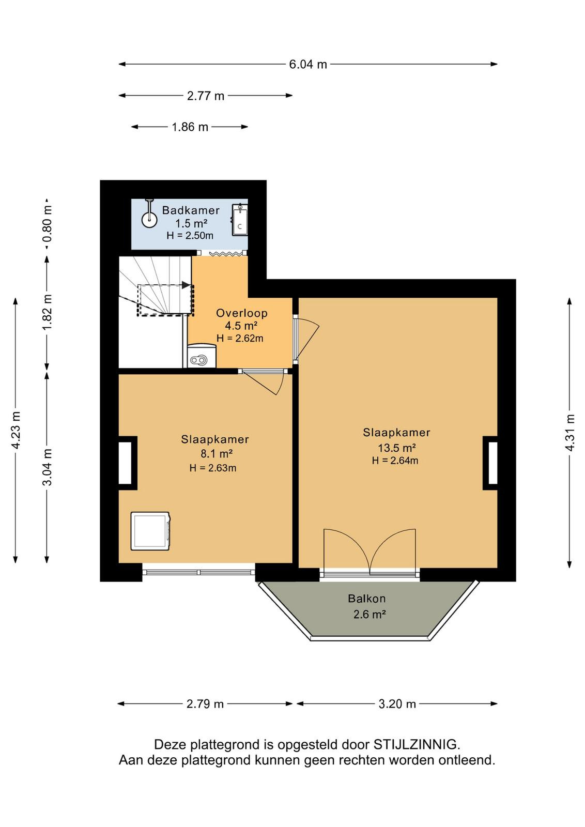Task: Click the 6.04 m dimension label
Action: coord(308,64)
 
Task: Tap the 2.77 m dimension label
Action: coord(206,96)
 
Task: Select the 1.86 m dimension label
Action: coord(190,127)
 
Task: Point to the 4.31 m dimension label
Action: coord(570,432)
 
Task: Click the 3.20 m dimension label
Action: coord(397,703)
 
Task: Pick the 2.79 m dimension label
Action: coord(205,703)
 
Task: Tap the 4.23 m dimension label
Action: coord(16,430)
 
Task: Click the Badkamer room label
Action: coord(191,210)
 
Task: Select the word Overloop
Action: coord(242,313)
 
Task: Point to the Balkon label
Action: coord(366,599)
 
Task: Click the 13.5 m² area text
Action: coord(397,448)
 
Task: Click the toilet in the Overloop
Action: coord(201,356)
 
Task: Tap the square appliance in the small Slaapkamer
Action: coord(150,531)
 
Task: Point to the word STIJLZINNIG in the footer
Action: coord(417,744)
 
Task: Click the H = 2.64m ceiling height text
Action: coord(395,461)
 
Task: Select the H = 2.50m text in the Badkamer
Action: coord(190,236)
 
